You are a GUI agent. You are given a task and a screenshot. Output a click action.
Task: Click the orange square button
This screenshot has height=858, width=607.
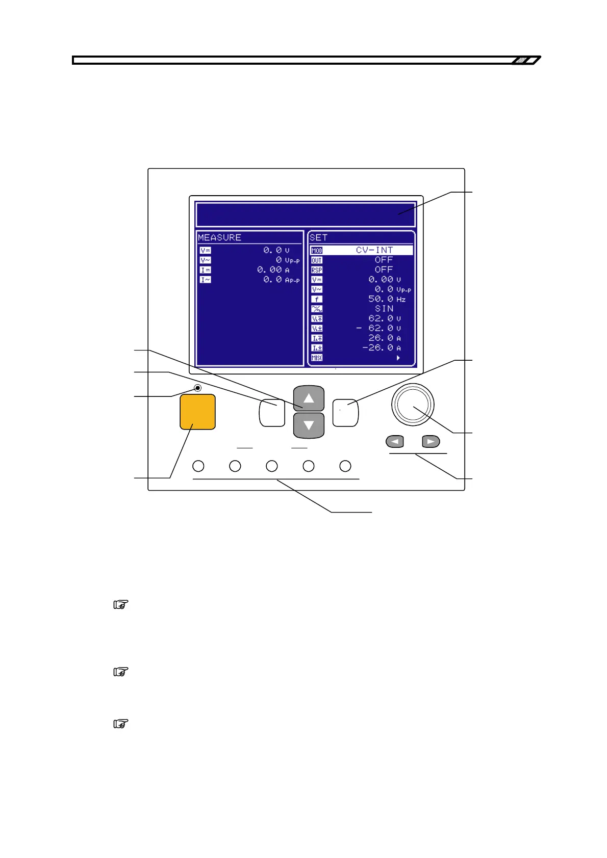tap(197, 412)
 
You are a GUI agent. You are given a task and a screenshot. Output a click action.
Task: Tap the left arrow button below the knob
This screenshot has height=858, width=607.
tap(395, 441)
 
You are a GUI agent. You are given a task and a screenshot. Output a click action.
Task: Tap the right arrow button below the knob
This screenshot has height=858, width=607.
tap(431, 441)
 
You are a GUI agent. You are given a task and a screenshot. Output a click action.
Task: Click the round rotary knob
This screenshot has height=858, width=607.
tap(413, 405)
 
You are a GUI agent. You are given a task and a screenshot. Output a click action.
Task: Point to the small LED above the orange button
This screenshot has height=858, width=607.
tap(198, 388)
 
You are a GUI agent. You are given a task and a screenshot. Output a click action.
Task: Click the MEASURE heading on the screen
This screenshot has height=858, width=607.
tap(219, 237)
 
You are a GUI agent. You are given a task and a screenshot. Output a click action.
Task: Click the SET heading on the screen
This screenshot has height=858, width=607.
tap(318, 237)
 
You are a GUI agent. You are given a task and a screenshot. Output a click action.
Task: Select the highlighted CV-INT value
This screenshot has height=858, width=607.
tap(374, 250)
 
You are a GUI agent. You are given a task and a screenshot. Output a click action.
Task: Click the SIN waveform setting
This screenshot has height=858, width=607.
tap(384, 309)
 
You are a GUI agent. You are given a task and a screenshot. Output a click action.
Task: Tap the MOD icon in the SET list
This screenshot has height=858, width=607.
tap(317, 251)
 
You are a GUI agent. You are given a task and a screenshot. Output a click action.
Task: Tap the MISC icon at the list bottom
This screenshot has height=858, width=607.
tap(317, 358)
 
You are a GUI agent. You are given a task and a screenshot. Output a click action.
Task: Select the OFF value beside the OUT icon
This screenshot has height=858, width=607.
tap(384, 260)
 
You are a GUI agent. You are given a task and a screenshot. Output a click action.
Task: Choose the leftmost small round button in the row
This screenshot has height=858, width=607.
tap(198, 466)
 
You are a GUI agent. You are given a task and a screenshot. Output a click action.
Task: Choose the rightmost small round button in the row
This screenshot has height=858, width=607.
tap(345, 466)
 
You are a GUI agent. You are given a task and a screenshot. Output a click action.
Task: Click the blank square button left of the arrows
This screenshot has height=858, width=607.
tap(272, 413)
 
